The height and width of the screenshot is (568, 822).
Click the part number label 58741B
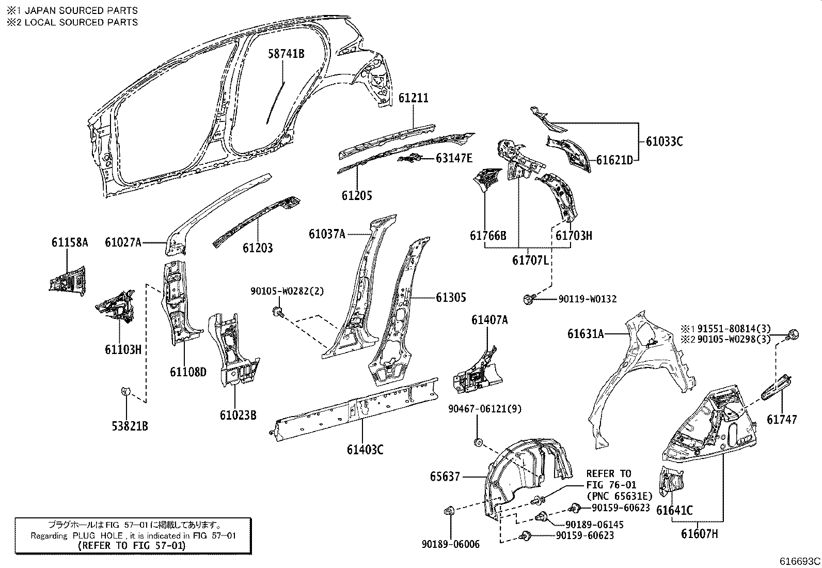coord(286,53)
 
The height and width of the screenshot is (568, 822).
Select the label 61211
coord(413,98)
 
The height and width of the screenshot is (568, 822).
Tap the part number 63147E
coord(454,158)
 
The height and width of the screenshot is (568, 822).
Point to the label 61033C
coord(664,141)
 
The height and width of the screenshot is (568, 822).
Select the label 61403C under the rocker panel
coord(365,449)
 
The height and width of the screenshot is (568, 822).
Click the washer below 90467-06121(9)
coord(478,442)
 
